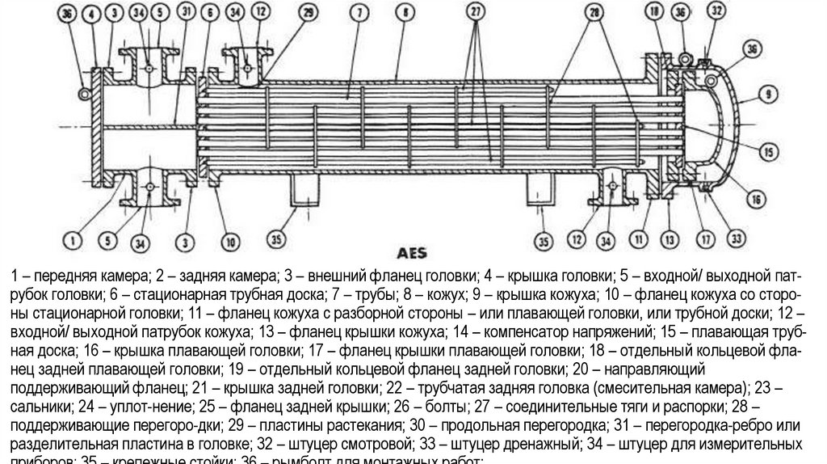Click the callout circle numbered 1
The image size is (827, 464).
pos(72,238)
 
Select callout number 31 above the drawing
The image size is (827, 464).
pos(187,12)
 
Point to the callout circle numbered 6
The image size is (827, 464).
pos(211,13)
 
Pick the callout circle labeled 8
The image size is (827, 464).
pos(402,13)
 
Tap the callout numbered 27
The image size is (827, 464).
pos(476,13)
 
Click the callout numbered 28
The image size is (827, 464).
pos(595,13)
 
